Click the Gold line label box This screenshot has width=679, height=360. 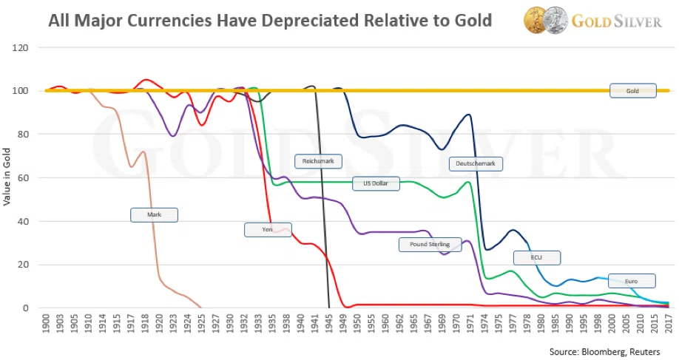(x=632, y=91)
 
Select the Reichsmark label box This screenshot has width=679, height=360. (x=318, y=161)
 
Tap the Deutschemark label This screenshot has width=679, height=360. (x=476, y=163)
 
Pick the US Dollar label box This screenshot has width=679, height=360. (x=376, y=183)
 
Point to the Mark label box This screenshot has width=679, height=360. (x=154, y=215)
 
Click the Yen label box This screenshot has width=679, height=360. (x=268, y=230)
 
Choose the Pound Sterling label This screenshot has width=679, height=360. (x=430, y=245)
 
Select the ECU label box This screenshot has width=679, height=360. (x=536, y=258)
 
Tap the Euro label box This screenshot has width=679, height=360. (x=632, y=281)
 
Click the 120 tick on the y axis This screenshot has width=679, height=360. (x=21, y=48)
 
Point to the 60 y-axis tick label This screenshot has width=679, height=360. (x=23, y=178)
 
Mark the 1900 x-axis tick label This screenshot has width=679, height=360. (x=47, y=323)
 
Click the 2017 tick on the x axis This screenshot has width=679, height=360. (x=669, y=323)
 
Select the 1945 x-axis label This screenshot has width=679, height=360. (x=329, y=323)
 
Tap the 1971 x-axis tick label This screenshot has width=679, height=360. (x=470, y=323)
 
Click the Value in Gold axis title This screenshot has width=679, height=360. (x=7, y=177)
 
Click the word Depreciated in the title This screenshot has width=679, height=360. (x=308, y=21)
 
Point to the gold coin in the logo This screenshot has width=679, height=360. (x=536, y=20)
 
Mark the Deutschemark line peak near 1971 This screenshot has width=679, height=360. (x=468, y=115)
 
